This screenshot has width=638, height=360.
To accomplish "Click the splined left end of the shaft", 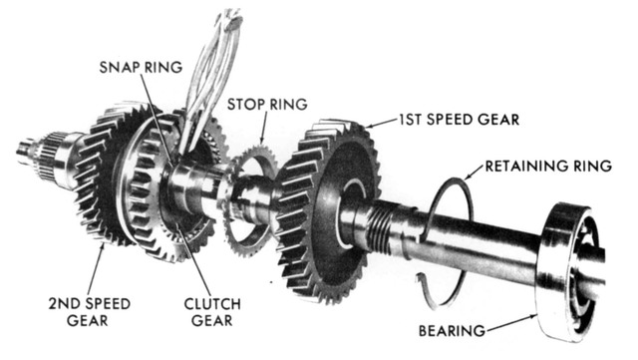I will click(35, 150).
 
